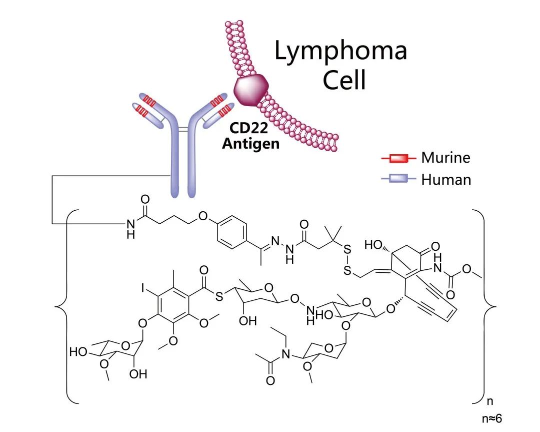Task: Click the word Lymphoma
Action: pos(341,51)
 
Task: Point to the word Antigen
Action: pos(251,145)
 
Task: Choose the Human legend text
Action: pos(446,179)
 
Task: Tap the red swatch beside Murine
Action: pos(398,158)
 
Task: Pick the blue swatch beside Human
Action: pos(398,179)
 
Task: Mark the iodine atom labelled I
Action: pos(143,287)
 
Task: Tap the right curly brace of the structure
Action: pos(483,305)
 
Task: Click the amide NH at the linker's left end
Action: pos(130,228)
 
